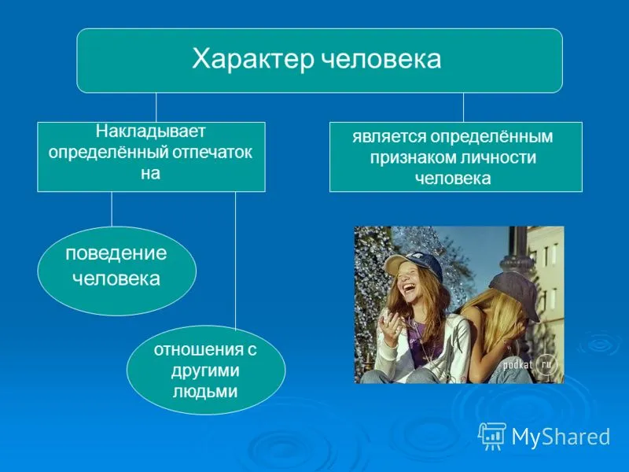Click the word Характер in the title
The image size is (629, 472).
point(252,59)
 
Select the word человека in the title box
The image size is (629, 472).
point(382,59)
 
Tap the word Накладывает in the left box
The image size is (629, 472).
point(150,131)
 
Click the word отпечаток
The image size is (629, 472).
point(212,153)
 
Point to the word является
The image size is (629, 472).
point(389,137)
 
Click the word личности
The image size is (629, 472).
point(498,157)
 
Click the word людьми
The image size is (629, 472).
point(205,391)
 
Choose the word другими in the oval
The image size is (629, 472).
point(205,371)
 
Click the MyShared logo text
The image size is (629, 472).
point(561,437)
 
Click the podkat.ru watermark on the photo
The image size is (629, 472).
point(530,365)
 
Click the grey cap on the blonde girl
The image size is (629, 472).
point(515,293)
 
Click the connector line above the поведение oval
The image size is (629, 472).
point(112,209)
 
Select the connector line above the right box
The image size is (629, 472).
point(463,108)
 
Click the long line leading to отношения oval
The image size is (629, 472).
point(235,260)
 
